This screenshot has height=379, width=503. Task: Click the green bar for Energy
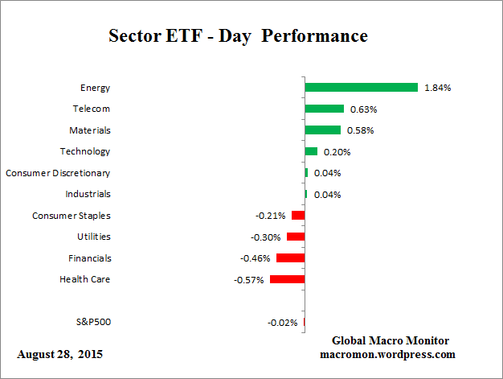(x=361, y=87)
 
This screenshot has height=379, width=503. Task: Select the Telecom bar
(x=324, y=109)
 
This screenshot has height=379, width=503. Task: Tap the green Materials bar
(x=322, y=130)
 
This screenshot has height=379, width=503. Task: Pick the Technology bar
(x=311, y=151)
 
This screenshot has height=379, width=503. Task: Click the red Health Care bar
(x=287, y=279)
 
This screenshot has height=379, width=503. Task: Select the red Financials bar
(x=290, y=258)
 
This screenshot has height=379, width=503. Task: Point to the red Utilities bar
(x=296, y=237)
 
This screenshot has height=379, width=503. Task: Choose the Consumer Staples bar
(x=298, y=216)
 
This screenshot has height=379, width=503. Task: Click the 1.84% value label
(x=437, y=88)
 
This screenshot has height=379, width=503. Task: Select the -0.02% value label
(x=282, y=323)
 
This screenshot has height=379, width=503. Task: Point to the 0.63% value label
(x=363, y=109)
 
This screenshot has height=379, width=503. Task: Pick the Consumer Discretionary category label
(x=58, y=172)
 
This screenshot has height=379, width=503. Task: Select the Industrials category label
(x=88, y=194)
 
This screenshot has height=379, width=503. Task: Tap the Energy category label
(x=95, y=87)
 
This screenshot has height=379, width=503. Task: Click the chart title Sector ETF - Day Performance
(x=238, y=37)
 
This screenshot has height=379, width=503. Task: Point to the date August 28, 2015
(x=59, y=354)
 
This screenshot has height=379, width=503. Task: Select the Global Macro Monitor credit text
(x=390, y=340)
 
